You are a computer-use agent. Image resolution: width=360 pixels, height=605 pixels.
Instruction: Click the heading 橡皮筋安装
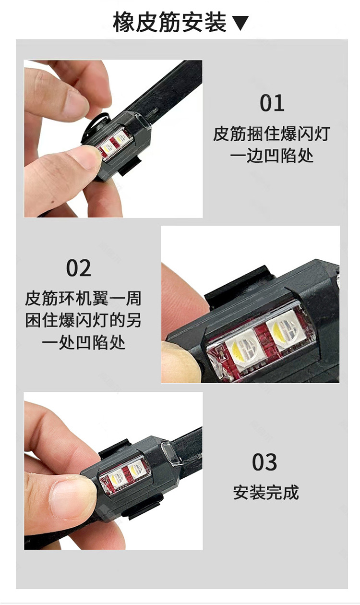pos(169,22)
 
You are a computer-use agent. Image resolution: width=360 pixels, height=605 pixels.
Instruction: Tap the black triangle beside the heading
pos(240,23)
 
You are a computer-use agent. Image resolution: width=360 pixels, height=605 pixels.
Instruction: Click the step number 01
pos(272,103)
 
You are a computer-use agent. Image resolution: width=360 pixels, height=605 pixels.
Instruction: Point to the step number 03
pos(264,462)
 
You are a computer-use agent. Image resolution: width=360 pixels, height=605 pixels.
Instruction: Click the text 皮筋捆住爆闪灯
pos(271,133)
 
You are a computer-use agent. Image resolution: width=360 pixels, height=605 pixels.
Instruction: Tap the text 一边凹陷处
pos(272,156)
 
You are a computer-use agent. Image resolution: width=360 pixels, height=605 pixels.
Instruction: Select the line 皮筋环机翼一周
pos(83,298)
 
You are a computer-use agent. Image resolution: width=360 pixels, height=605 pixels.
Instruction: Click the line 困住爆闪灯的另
pos(83,320)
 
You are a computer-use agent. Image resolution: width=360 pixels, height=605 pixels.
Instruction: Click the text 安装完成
pos(266,492)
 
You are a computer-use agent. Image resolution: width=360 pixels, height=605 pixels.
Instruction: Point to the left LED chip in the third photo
pos(117,477)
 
